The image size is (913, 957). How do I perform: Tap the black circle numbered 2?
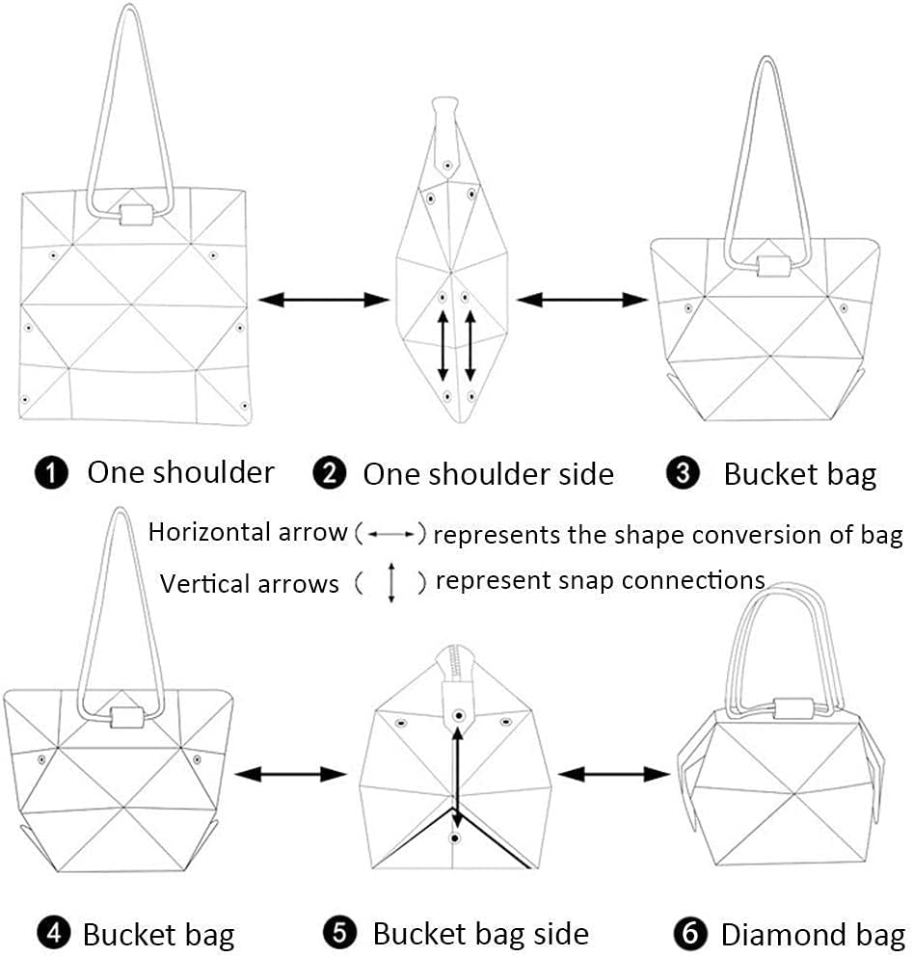[330, 473]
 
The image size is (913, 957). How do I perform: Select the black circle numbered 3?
[683, 473]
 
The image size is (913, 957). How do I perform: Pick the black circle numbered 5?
[339, 933]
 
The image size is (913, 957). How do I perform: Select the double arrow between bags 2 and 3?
[582, 300]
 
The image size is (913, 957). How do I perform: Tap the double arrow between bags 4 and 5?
[290, 773]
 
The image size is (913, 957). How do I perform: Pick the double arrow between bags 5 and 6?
[614, 773]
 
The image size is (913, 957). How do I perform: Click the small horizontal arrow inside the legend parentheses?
[389, 533]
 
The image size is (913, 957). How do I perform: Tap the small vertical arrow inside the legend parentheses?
[391, 584]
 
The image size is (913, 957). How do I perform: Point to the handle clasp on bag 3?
[771, 265]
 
